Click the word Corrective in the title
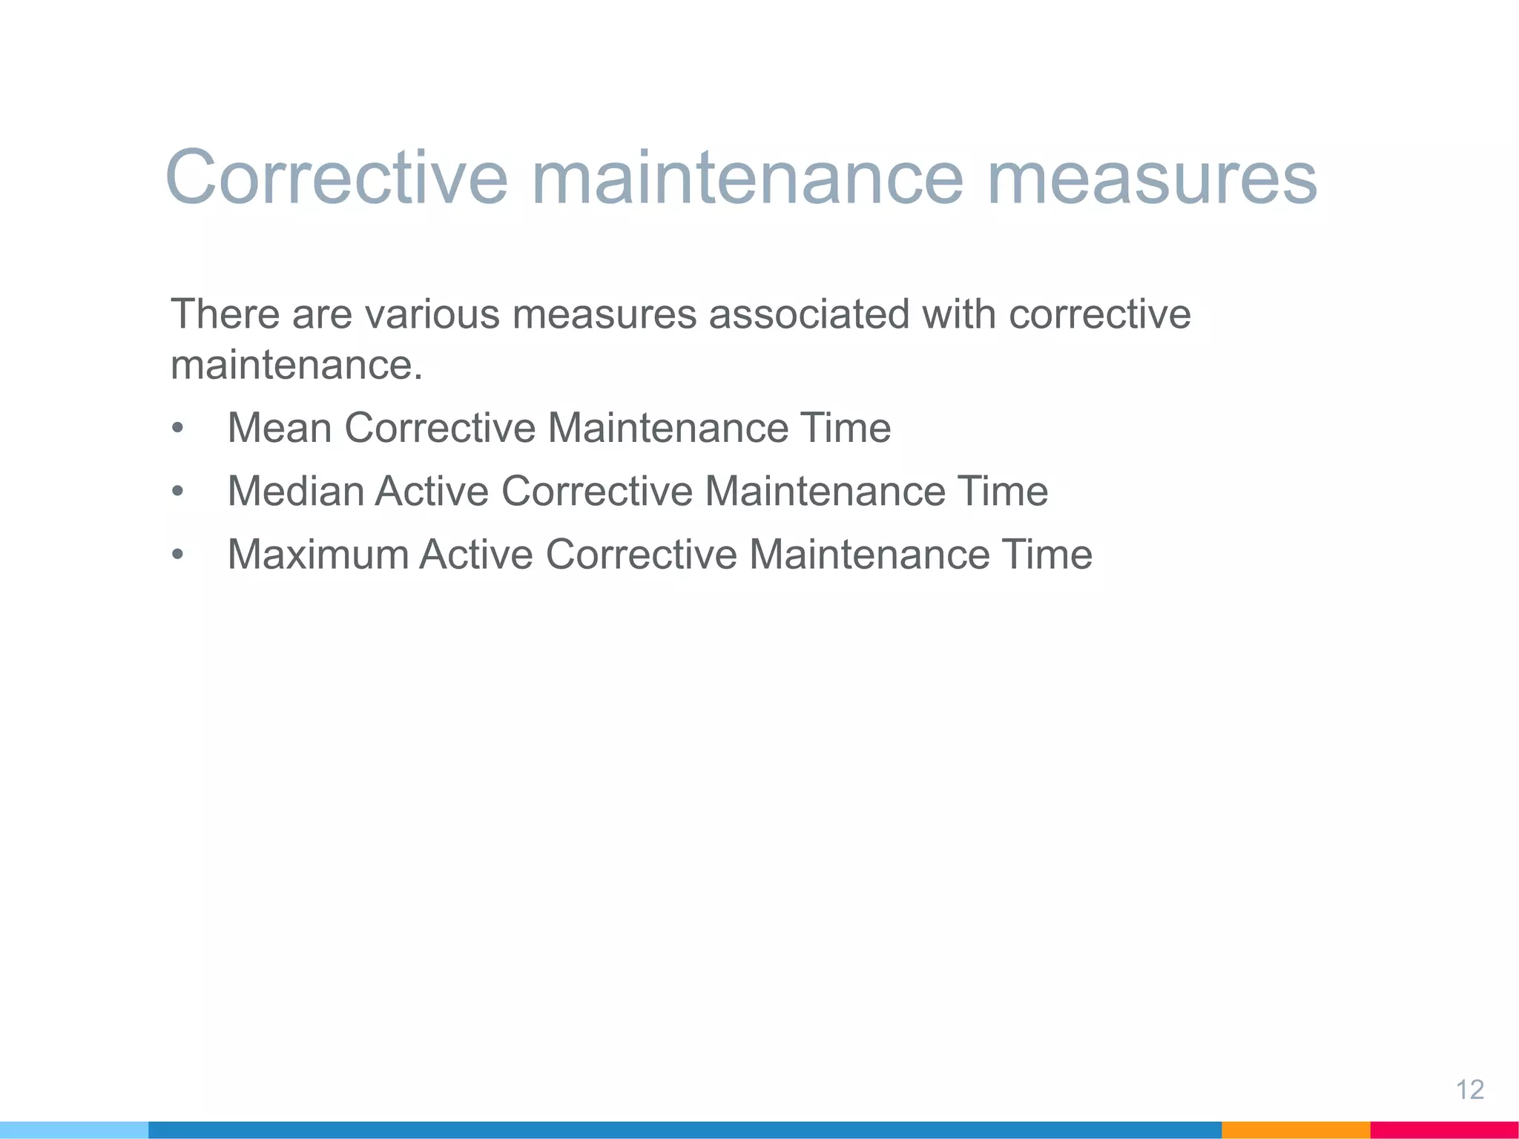[x=336, y=178]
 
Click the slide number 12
[x=1469, y=1089]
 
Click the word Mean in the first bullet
[x=279, y=428]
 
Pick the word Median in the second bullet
[x=295, y=491]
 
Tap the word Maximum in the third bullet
[x=317, y=554]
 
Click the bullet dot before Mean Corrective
[x=177, y=429]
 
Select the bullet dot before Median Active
[x=177, y=492]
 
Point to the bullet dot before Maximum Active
[x=177, y=555]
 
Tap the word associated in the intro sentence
[x=808, y=314]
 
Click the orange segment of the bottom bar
[x=1295, y=1130]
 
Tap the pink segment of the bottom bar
[x=1444, y=1130]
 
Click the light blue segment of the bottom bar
[x=74, y=1130]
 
